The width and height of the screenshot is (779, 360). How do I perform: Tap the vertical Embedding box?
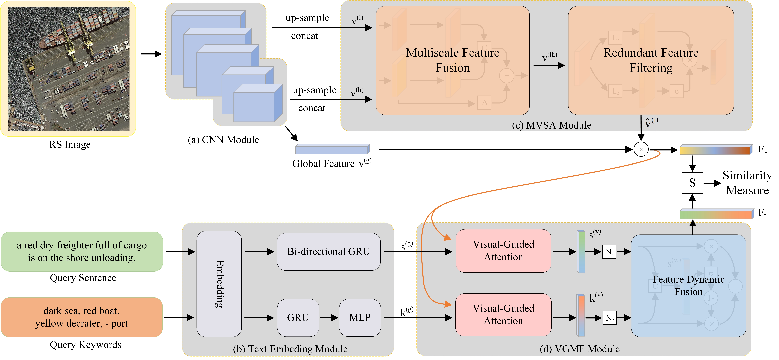coord(219,284)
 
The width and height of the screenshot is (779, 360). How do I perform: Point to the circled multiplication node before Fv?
coord(641,149)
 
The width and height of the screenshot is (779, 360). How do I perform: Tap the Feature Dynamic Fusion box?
coord(689,286)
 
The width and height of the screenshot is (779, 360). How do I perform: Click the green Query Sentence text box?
coord(82,251)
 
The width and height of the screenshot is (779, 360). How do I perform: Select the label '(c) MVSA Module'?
coord(552,125)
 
